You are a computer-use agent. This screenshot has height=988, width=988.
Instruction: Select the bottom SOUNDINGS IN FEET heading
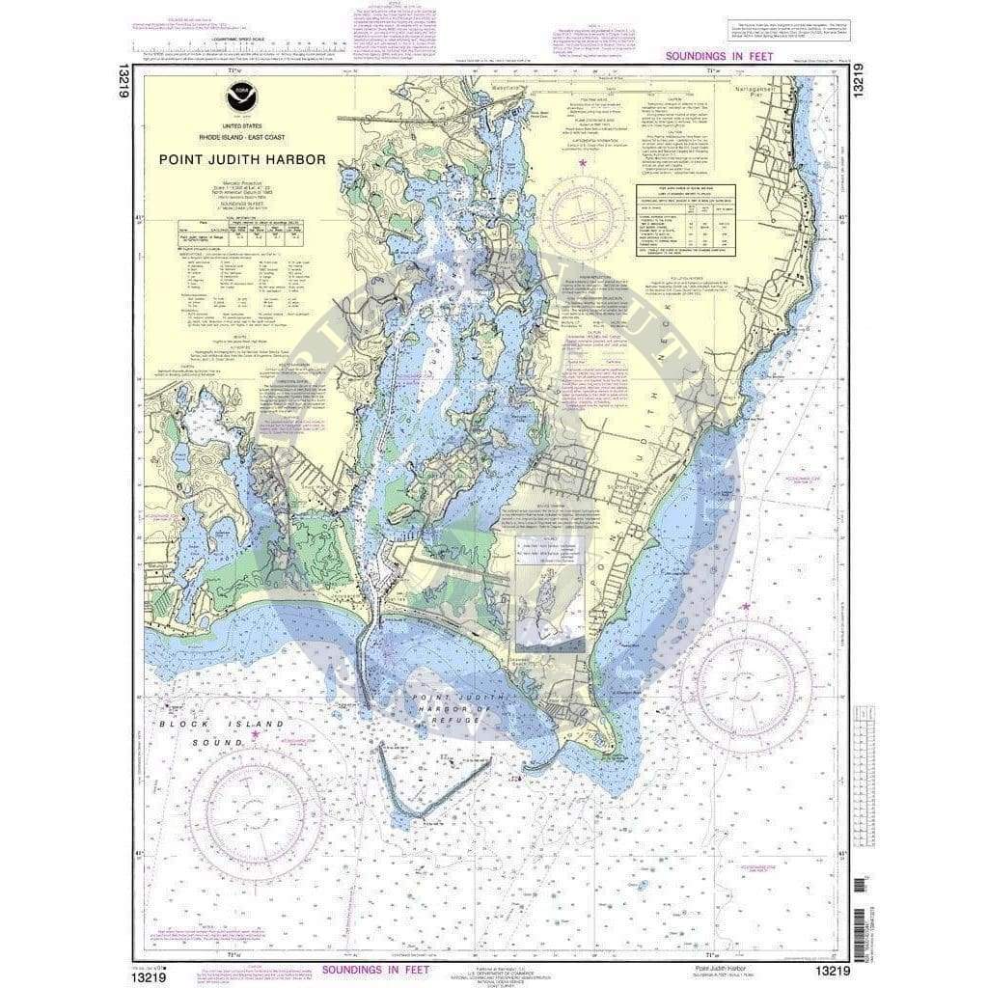pos(378,968)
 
